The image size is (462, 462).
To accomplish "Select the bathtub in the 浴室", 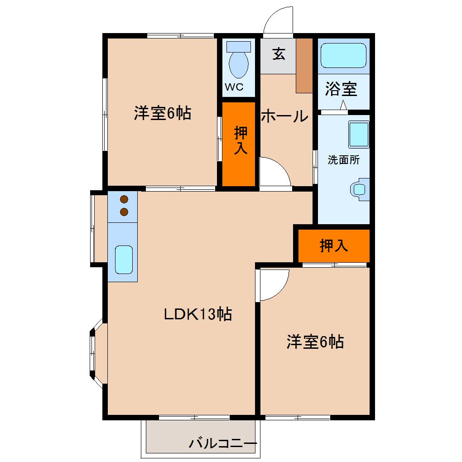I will [x=343, y=56].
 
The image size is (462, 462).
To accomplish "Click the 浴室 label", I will [x=341, y=89].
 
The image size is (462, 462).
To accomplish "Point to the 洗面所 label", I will [x=343, y=160].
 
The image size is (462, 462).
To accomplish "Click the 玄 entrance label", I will [x=279, y=54].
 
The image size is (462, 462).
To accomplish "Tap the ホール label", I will [x=285, y=116].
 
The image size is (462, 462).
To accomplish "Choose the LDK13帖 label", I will [x=198, y=313].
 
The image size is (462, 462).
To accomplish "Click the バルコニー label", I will [x=223, y=443].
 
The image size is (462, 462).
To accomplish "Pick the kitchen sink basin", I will [x=123, y=260].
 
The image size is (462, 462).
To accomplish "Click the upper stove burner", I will [x=123, y=199].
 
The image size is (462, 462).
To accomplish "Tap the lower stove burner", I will [x=123, y=211].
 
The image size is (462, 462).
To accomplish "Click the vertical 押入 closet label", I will [x=240, y=140].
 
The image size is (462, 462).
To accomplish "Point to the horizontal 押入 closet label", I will [x=334, y=245].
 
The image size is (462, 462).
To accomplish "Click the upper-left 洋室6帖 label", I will [x=162, y=113].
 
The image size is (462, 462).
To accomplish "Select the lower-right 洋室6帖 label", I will [x=315, y=342].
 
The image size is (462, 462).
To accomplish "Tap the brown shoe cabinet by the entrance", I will [x=304, y=65].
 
